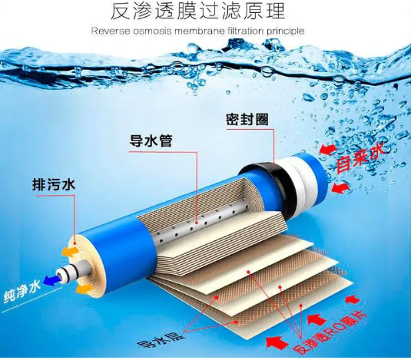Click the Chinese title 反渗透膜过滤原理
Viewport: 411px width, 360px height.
pyautogui.click(x=198, y=12)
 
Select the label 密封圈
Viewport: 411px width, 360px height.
pyautogui.click(x=247, y=120)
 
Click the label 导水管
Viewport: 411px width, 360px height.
pyautogui.click(x=151, y=140)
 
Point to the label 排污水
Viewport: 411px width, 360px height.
pyautogui.click(x=54, y=184)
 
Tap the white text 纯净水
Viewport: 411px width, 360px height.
pyautogui.click(x=22, y=292)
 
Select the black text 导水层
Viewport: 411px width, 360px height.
pyautogui.click(x=161, y=339)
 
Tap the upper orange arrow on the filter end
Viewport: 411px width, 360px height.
pyautogui.click(x=70, y=251)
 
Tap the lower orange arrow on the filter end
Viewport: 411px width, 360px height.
pyautogui.click(x=85, y=289)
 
